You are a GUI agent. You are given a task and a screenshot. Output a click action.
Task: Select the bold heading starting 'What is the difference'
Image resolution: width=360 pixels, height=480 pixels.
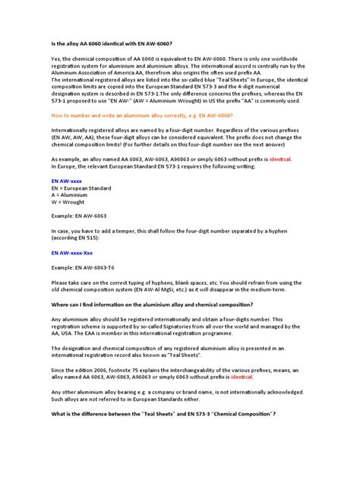(163, 412)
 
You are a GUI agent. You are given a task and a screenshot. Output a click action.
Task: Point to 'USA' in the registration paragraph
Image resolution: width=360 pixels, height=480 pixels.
(68, 332)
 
